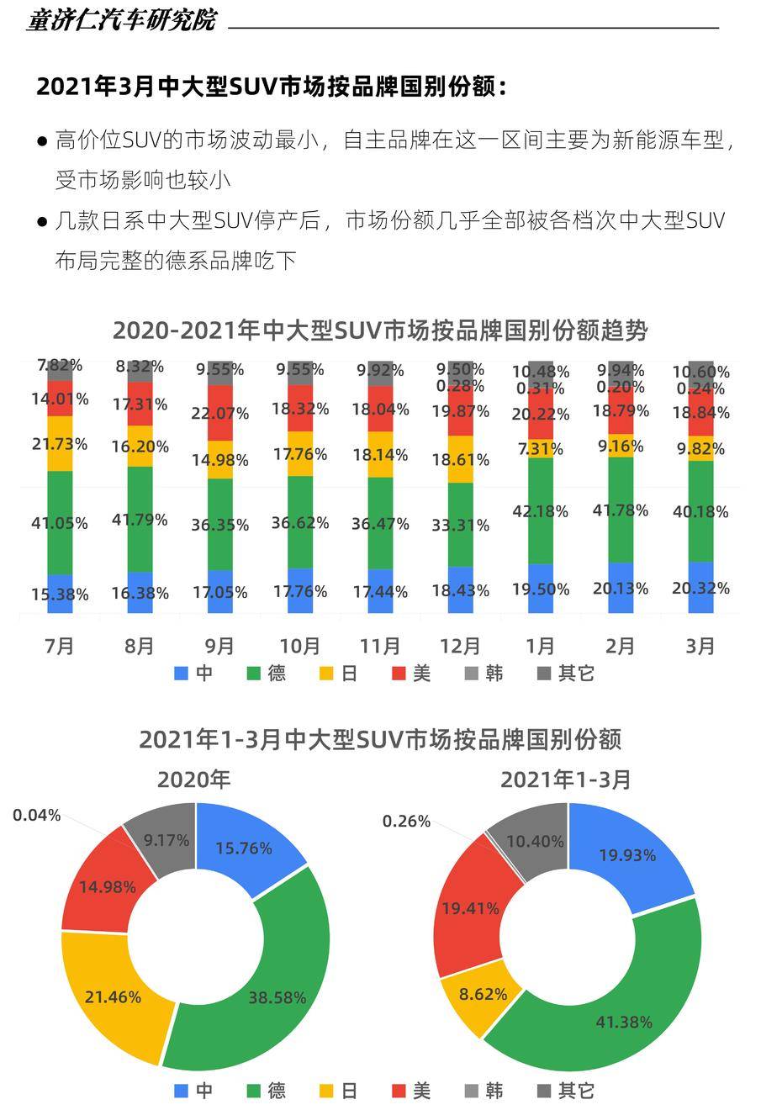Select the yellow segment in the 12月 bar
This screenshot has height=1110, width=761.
point(460,459)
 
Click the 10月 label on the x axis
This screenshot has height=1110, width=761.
point(299,646)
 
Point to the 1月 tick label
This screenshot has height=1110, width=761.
point(540,646)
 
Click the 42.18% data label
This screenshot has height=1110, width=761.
point(540,511)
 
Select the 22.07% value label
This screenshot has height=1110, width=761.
point(219,414)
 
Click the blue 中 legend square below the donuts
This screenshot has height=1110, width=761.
point(182,1091)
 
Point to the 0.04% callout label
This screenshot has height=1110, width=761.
point(37,815)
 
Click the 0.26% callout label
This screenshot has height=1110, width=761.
point(406,821)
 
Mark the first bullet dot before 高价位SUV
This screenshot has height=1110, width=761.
point(41,141)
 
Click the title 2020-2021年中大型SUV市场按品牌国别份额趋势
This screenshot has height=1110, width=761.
point(380,330)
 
